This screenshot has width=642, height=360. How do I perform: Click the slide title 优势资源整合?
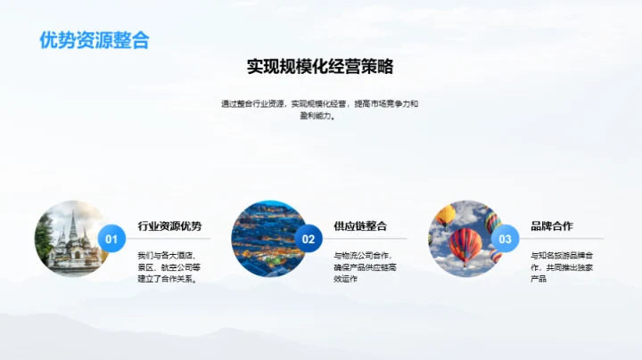coord(95,40)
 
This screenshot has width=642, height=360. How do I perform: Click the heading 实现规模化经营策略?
coord(320,67)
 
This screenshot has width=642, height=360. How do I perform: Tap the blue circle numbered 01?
coord(111,239)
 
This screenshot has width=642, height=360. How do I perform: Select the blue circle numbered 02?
coord(309,239)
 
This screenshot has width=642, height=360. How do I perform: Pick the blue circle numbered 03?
coord(506,239)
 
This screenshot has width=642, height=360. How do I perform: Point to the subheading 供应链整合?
coord(360,225)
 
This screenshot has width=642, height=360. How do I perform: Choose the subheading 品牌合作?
coord(552,225)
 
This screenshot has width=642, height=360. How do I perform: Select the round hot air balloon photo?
coord(464,238)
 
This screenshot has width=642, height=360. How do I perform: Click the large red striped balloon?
coord(465,244)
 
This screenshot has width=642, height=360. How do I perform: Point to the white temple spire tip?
coord(73,208)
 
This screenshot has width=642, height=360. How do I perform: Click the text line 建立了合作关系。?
coord(167,279)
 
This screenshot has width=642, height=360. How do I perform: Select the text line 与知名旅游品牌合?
coord(562,254)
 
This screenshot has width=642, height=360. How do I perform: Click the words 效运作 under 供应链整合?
coord(345,279)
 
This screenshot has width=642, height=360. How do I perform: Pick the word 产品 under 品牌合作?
coord(538,279)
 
